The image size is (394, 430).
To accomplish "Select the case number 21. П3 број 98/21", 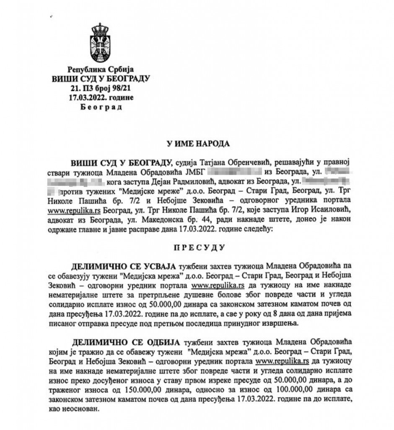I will coord(100,88).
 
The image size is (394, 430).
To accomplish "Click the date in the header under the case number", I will coord(100,97).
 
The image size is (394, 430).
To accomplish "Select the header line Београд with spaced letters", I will coord(100,107).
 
